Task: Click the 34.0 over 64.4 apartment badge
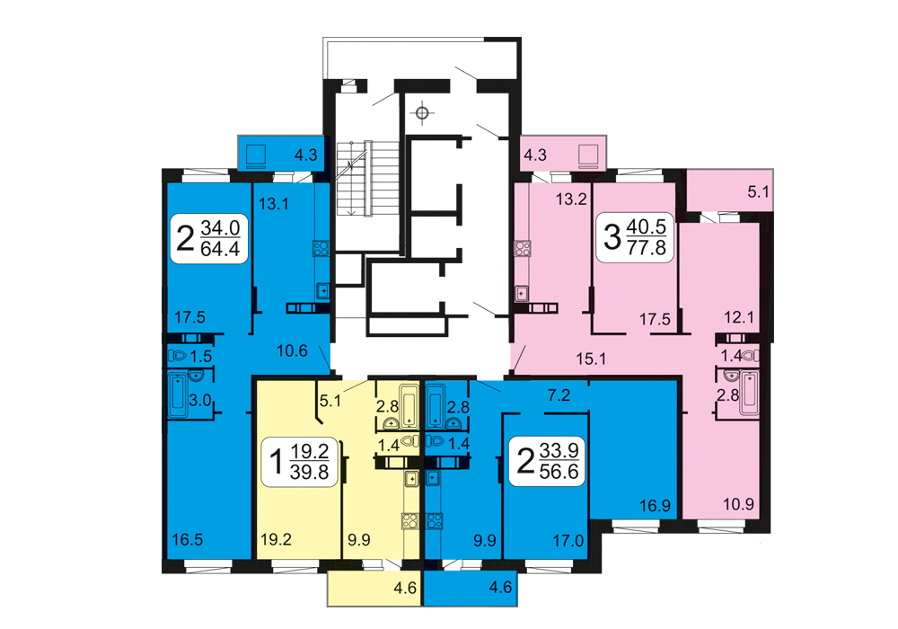point(209,238)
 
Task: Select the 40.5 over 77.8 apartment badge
point(635,237)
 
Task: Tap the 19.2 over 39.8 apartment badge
point(300,462)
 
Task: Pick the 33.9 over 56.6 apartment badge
point(548,461)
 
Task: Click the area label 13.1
point(273,204)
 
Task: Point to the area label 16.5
point(188,540)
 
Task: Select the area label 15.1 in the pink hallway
point(591,359)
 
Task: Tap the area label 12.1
point(739,317)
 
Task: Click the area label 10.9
point(738,505)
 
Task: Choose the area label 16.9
point(656,506)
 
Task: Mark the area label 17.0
point(568,540)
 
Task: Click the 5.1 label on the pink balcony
point(758,192)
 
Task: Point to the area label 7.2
point(559,394)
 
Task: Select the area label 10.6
point(292,350)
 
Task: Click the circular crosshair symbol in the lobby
point(422,114)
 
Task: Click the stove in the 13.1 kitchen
point(321,248)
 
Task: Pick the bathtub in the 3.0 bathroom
point(178,394)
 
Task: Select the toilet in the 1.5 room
point(178,356)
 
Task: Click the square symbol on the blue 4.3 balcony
point(256,155)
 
